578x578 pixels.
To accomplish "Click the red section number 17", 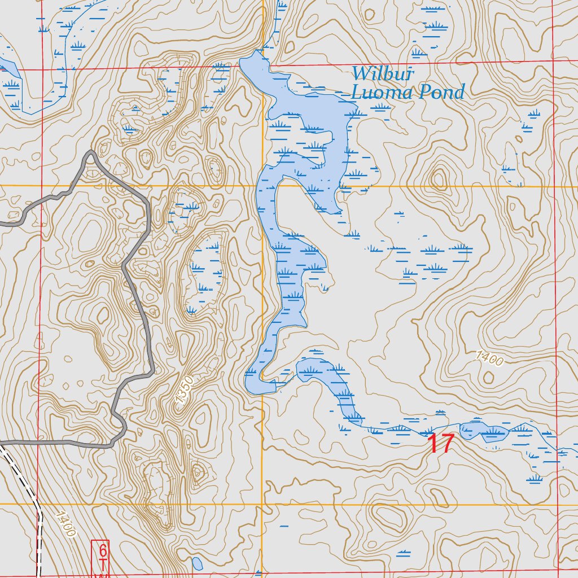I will click(441, 444).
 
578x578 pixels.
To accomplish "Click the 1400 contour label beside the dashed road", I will click(66, 523).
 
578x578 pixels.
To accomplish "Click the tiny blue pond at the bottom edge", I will click(197, 563).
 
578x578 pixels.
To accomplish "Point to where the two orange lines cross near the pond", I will click(263, 185).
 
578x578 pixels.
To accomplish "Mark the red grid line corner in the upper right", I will click(553, 59).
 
